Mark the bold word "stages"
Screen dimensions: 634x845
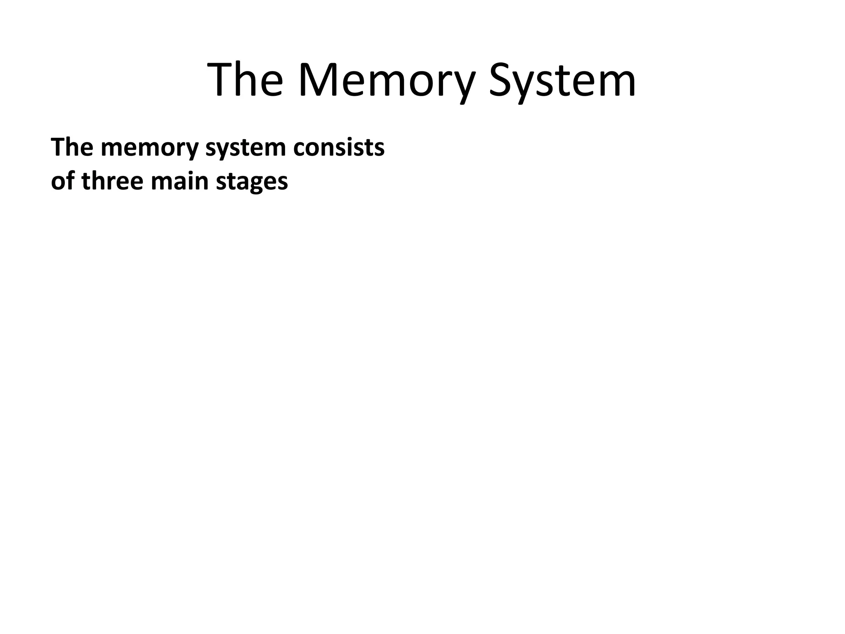pyautogui.click(x=252, y=182)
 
